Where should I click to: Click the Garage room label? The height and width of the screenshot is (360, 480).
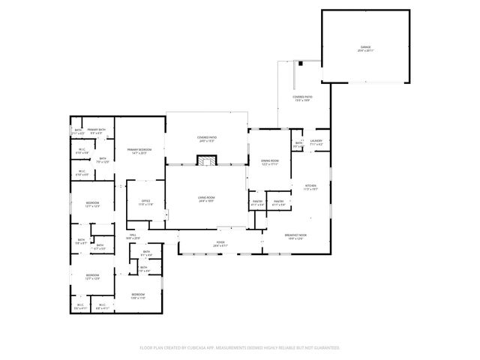(x=365, y=47)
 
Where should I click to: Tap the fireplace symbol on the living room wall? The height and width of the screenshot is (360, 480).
(x=206, y=160)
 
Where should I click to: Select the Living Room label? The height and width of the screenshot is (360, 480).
(x=206, y=197)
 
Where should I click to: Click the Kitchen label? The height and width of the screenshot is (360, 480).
(x=310, y=186)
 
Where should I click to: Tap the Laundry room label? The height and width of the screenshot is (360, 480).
(x=316, y=140)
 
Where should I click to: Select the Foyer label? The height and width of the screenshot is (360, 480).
(x=220, y=242)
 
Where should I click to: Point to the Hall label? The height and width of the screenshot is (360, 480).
(x=133, y=235)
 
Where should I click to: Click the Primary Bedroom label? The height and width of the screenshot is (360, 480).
(x=139, y=149)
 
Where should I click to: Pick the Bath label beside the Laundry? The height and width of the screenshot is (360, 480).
(x=298, y=142)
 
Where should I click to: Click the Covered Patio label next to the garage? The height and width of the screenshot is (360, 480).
(x=303, y=97)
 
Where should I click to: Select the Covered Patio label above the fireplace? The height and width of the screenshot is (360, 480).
(x=207, y=137)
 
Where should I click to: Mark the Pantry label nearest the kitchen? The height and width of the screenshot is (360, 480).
(x=278, y=201)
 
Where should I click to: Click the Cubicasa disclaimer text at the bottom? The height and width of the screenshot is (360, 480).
(x=240, y=347)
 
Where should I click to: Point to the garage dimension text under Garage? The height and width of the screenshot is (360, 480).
(x=365, y=51)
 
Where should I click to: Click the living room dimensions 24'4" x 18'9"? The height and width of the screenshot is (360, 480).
(x=206, y=201)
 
